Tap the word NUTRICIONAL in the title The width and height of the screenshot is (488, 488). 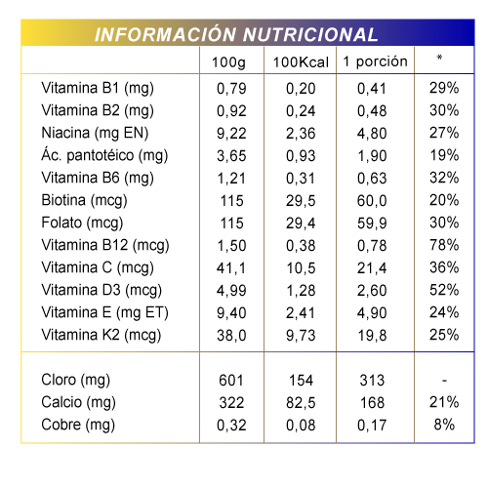[x=310, y=34]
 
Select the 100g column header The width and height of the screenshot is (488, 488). [x=228, y=62]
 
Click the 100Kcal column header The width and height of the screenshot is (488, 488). [x=301, y=62]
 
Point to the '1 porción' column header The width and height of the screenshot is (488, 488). [x=375, y=61]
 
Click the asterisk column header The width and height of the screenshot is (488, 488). [x=439, y=58]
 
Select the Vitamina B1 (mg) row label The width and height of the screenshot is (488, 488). [x=98, y=89]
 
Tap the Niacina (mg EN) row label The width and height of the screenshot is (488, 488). [x=95, y=134]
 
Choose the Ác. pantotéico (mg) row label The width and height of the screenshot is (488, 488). [x=104, y=155]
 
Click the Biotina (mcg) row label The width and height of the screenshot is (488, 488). [x=84, y=201]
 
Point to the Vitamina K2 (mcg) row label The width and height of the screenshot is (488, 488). [x=102, y=336]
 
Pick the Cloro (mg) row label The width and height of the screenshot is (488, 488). [x=76, y=381]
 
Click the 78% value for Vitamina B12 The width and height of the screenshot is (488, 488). [x=444, y=245]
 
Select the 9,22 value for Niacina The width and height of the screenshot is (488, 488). [x=231, y=134]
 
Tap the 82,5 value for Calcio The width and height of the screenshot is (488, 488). [x=301, y=403]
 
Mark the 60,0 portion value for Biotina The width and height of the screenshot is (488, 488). [x=372, y=201]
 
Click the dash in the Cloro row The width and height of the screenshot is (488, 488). [x=444, y=381]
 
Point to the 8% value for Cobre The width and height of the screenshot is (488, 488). [x=444, y=425]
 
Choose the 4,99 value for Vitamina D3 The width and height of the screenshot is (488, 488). [x=231, y=291]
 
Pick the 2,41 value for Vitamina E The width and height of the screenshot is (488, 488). [x=301, y=313]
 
